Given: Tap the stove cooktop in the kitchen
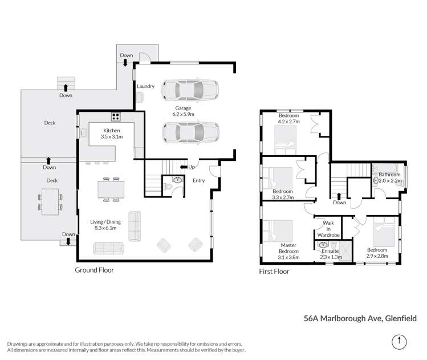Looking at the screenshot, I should click(116, 117).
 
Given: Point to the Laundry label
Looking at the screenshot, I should click(145, 86).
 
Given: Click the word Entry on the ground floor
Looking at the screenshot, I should click(198, 181).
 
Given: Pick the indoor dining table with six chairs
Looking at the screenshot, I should click(108, 189).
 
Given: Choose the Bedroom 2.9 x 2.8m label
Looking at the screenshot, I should click(377, 253).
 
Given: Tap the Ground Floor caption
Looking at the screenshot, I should click(95, 270).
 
